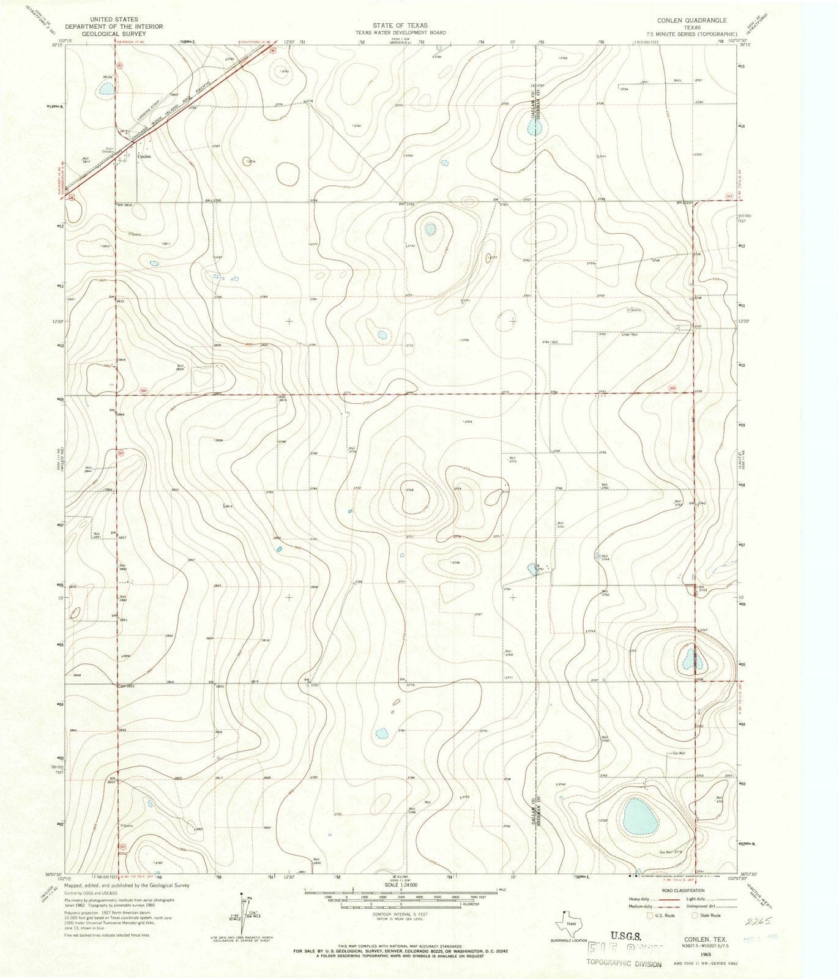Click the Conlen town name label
tap(144, 156)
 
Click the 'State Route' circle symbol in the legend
tap(695, 915)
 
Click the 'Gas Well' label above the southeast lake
tap(678, 753)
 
